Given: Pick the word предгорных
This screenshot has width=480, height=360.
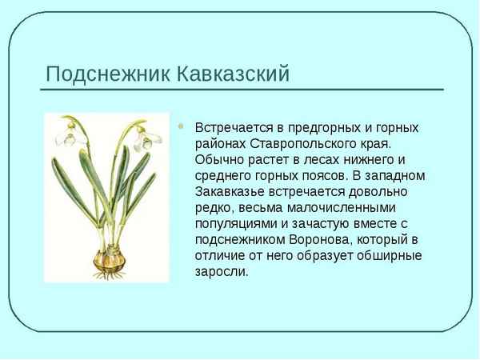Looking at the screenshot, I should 322,128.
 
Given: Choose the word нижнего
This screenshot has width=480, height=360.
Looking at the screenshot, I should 376,160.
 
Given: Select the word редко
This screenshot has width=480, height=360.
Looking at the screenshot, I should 213,208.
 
